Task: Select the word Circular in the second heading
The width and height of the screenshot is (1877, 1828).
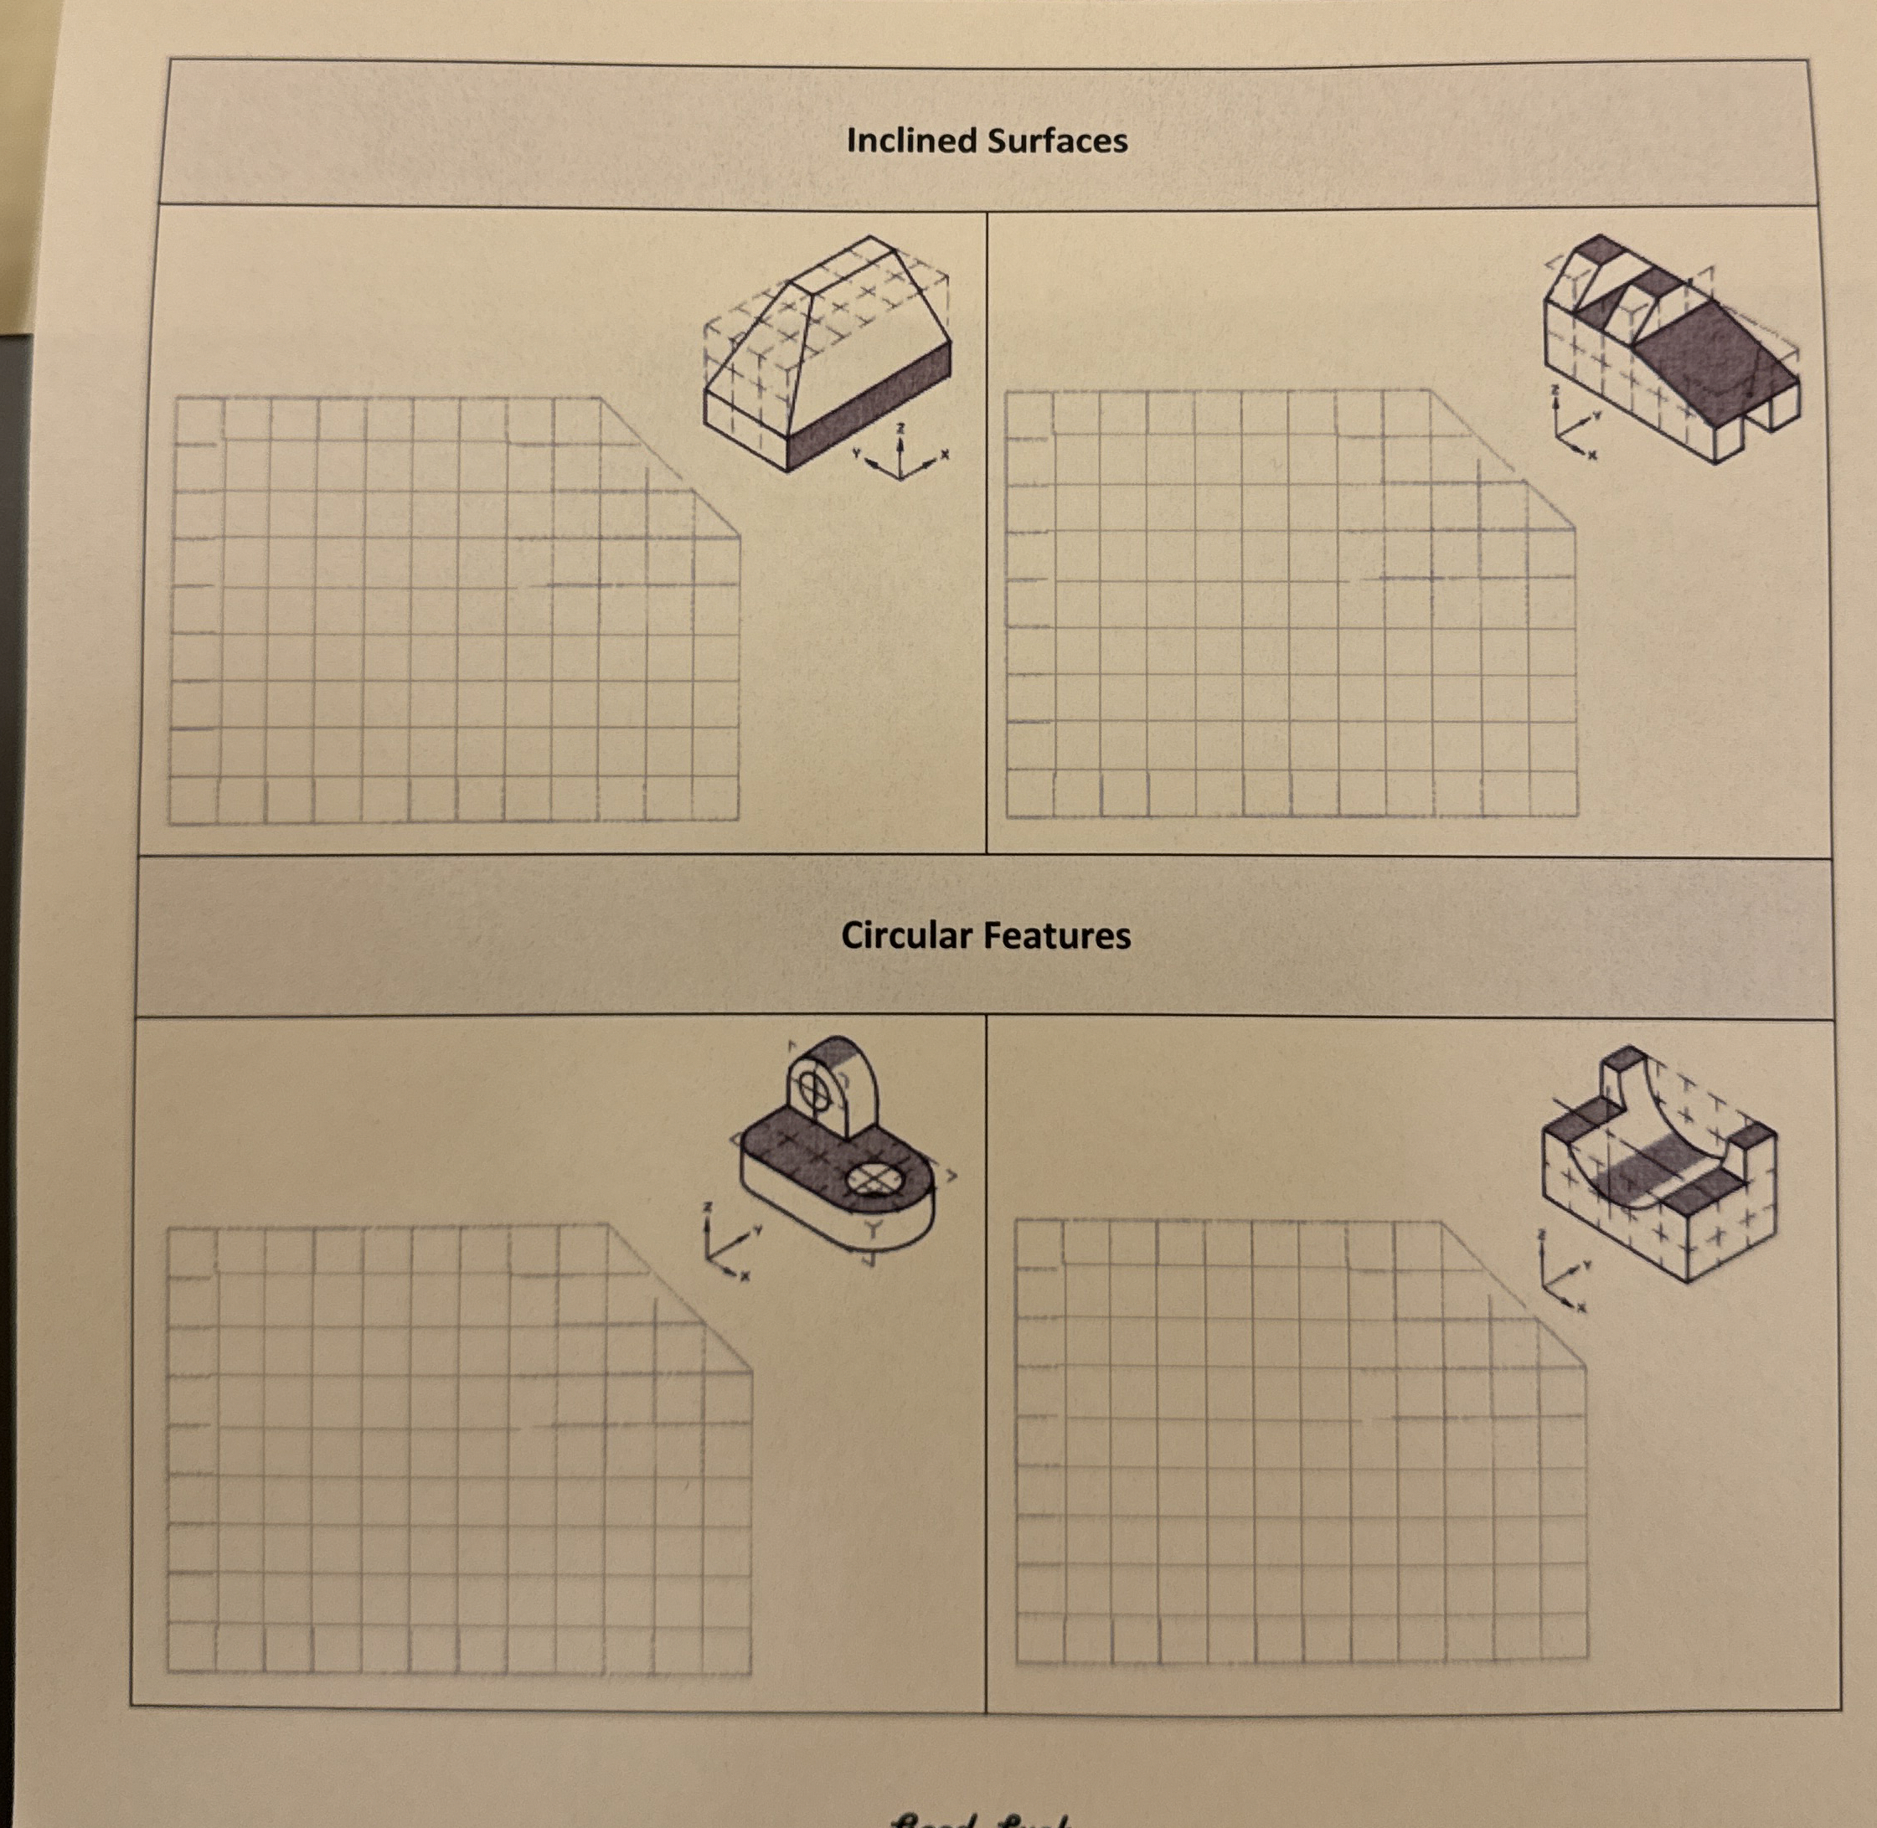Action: pyautogui.click(x=906, y=936)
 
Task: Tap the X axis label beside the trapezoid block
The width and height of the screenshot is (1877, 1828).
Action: pyautogui.click(x=945, y=454)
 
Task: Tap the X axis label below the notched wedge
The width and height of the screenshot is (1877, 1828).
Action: pyautogui.click(x=1591, y=454)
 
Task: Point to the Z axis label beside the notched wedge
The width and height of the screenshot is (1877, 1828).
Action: pyautogui.click(x=1556, y=391)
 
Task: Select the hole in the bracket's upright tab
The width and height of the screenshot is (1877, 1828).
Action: pyautogui.click(x=813, y=1089)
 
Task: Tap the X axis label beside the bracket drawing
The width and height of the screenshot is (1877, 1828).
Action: pyautogui.click(x=743, y=1276)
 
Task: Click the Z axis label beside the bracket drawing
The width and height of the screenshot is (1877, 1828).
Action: pyautogui.click(x=708, y=1206)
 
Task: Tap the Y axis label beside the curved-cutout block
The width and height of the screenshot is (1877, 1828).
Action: pyautogui.click(x=1587, y=1264)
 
